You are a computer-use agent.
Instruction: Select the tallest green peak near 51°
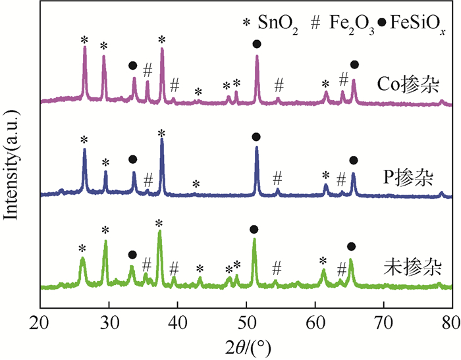[x=254, y=240]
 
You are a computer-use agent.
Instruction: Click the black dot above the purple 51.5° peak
[x=256, y=44]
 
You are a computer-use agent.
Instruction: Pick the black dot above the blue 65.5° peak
[x=354, y=161]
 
